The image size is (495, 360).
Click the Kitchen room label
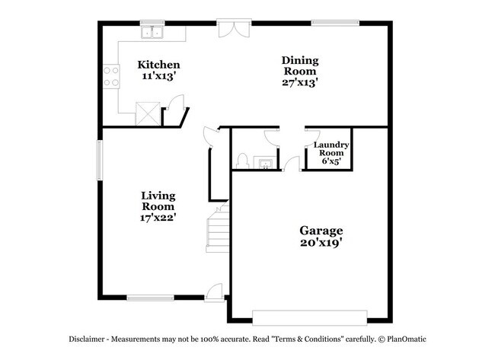point(158,65)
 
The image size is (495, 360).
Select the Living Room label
point(158,200)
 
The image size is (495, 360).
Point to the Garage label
point(321,231)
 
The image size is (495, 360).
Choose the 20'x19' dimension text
point(321,244)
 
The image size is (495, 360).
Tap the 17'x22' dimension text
point(158,218)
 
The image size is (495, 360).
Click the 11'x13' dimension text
point(158,77)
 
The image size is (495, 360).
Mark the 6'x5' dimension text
point(331,161)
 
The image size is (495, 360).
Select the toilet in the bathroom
point(243,161)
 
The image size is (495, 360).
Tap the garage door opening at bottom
point(310,316)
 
